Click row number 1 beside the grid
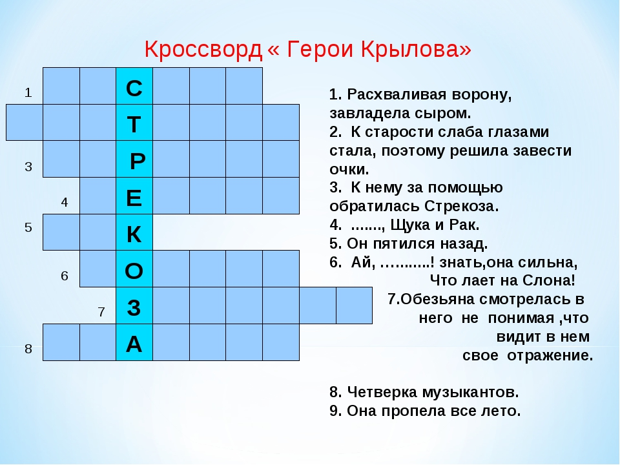28,92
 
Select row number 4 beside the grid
65,202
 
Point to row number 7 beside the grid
101,312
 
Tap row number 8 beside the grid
28,349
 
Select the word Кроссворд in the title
203,50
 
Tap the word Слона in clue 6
549,280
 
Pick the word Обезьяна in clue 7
438,299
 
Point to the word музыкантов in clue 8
471,392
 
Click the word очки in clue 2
349,169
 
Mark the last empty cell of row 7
355,305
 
